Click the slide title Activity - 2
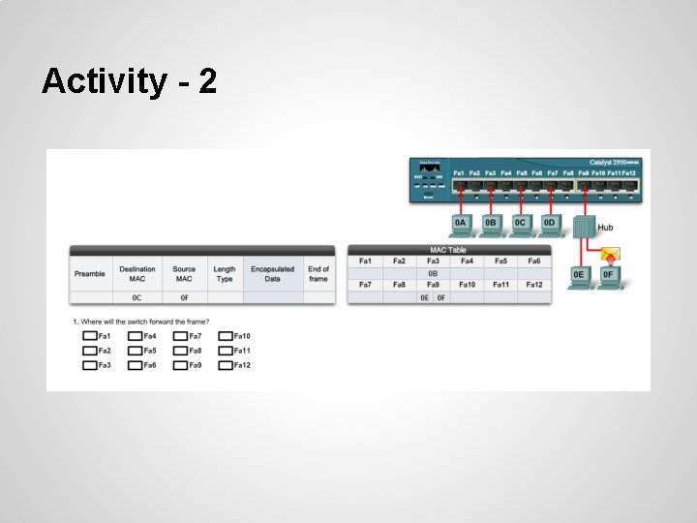coord(129,81)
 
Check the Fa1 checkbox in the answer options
coord(89,336)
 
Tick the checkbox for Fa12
coord(226,365)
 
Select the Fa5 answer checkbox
coord(135,351)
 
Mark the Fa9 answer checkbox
coord(180,365)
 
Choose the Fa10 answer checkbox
coord(226,336)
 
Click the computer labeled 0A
coord(461,224)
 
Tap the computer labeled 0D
coord(550,224)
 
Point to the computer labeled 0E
coord(579,275)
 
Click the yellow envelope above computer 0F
coord(610,256)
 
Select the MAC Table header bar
coord(449,250)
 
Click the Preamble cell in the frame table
coord(90,274)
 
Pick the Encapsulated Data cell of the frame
coord(272,274)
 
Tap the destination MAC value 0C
coord(137,297)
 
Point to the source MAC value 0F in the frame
coord(184,297)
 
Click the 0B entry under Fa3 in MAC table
coord(433,273)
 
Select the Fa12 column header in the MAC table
coord(533,285)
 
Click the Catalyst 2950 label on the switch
coord(613,163)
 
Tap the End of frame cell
coord(318,274)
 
